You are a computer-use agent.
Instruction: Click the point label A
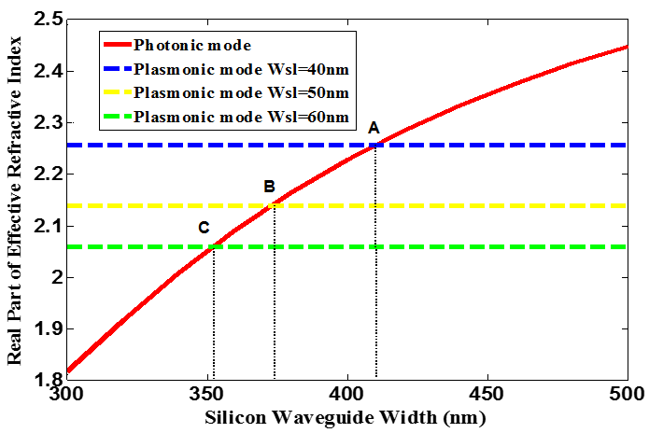tap(374, 127)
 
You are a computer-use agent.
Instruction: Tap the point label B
tap(270, 186)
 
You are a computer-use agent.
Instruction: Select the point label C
tap(204, 227)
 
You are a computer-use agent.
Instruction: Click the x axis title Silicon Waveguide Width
tap(346, 417)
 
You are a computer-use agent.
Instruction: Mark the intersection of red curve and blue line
tap(375, 145)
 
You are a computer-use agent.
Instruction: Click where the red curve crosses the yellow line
tap(274, 205)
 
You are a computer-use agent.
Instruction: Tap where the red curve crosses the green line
tap(214, 246)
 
